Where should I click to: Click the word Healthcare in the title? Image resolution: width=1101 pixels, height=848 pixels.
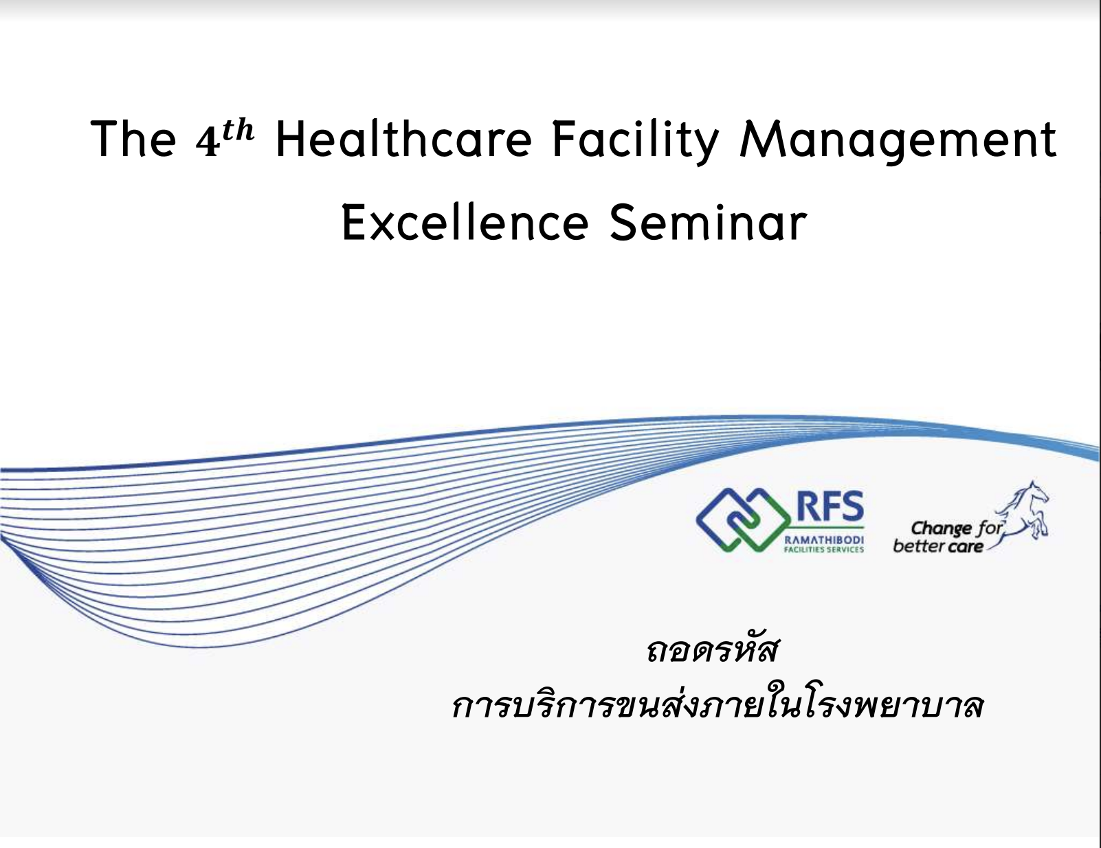click(x=403, y=140)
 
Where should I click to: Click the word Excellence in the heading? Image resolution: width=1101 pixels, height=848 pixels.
click(x=465, y=222)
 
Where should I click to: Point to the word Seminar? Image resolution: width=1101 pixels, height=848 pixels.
click(x=708, y=222)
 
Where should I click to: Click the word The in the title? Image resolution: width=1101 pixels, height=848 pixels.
click(x=133, y=140)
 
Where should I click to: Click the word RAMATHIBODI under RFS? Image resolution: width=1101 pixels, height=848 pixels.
click(x=823, y=540)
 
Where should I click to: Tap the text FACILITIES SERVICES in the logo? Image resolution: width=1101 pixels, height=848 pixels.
click(x=823, y=549)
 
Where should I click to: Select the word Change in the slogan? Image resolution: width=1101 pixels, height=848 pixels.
click(x=941, y=528)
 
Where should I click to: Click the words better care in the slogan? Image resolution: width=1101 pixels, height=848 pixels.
click(x=937, y=546)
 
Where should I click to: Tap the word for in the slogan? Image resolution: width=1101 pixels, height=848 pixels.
click(x=988, y=528)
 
